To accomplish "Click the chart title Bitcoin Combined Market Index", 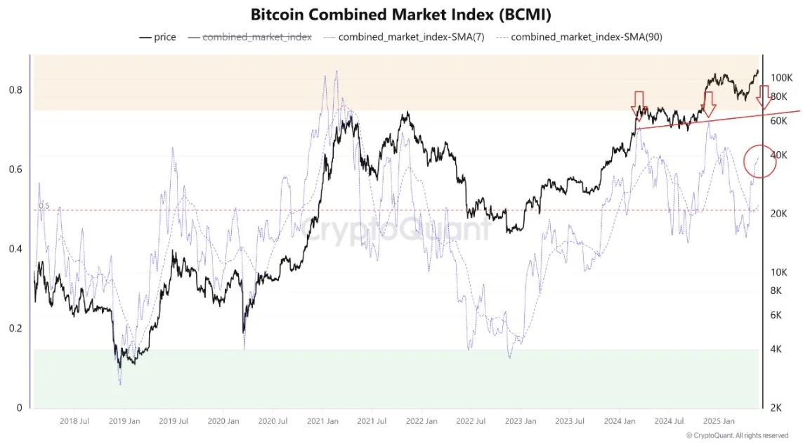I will coord(401,15).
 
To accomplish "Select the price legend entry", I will coord(158,37).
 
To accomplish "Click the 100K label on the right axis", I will coord(782,77).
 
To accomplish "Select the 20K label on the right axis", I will coord(780,214).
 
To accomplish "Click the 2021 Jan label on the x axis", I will coord(323,421).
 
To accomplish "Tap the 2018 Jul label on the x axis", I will coord(74,421).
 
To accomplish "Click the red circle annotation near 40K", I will coord(759,161).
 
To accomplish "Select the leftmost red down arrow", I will coord(639,101).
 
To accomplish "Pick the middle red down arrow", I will coord(709,104).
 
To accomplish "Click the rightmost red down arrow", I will coord(764,96).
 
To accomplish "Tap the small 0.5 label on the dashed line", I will coord(44,206).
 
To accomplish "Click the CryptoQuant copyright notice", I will coord(737,435).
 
